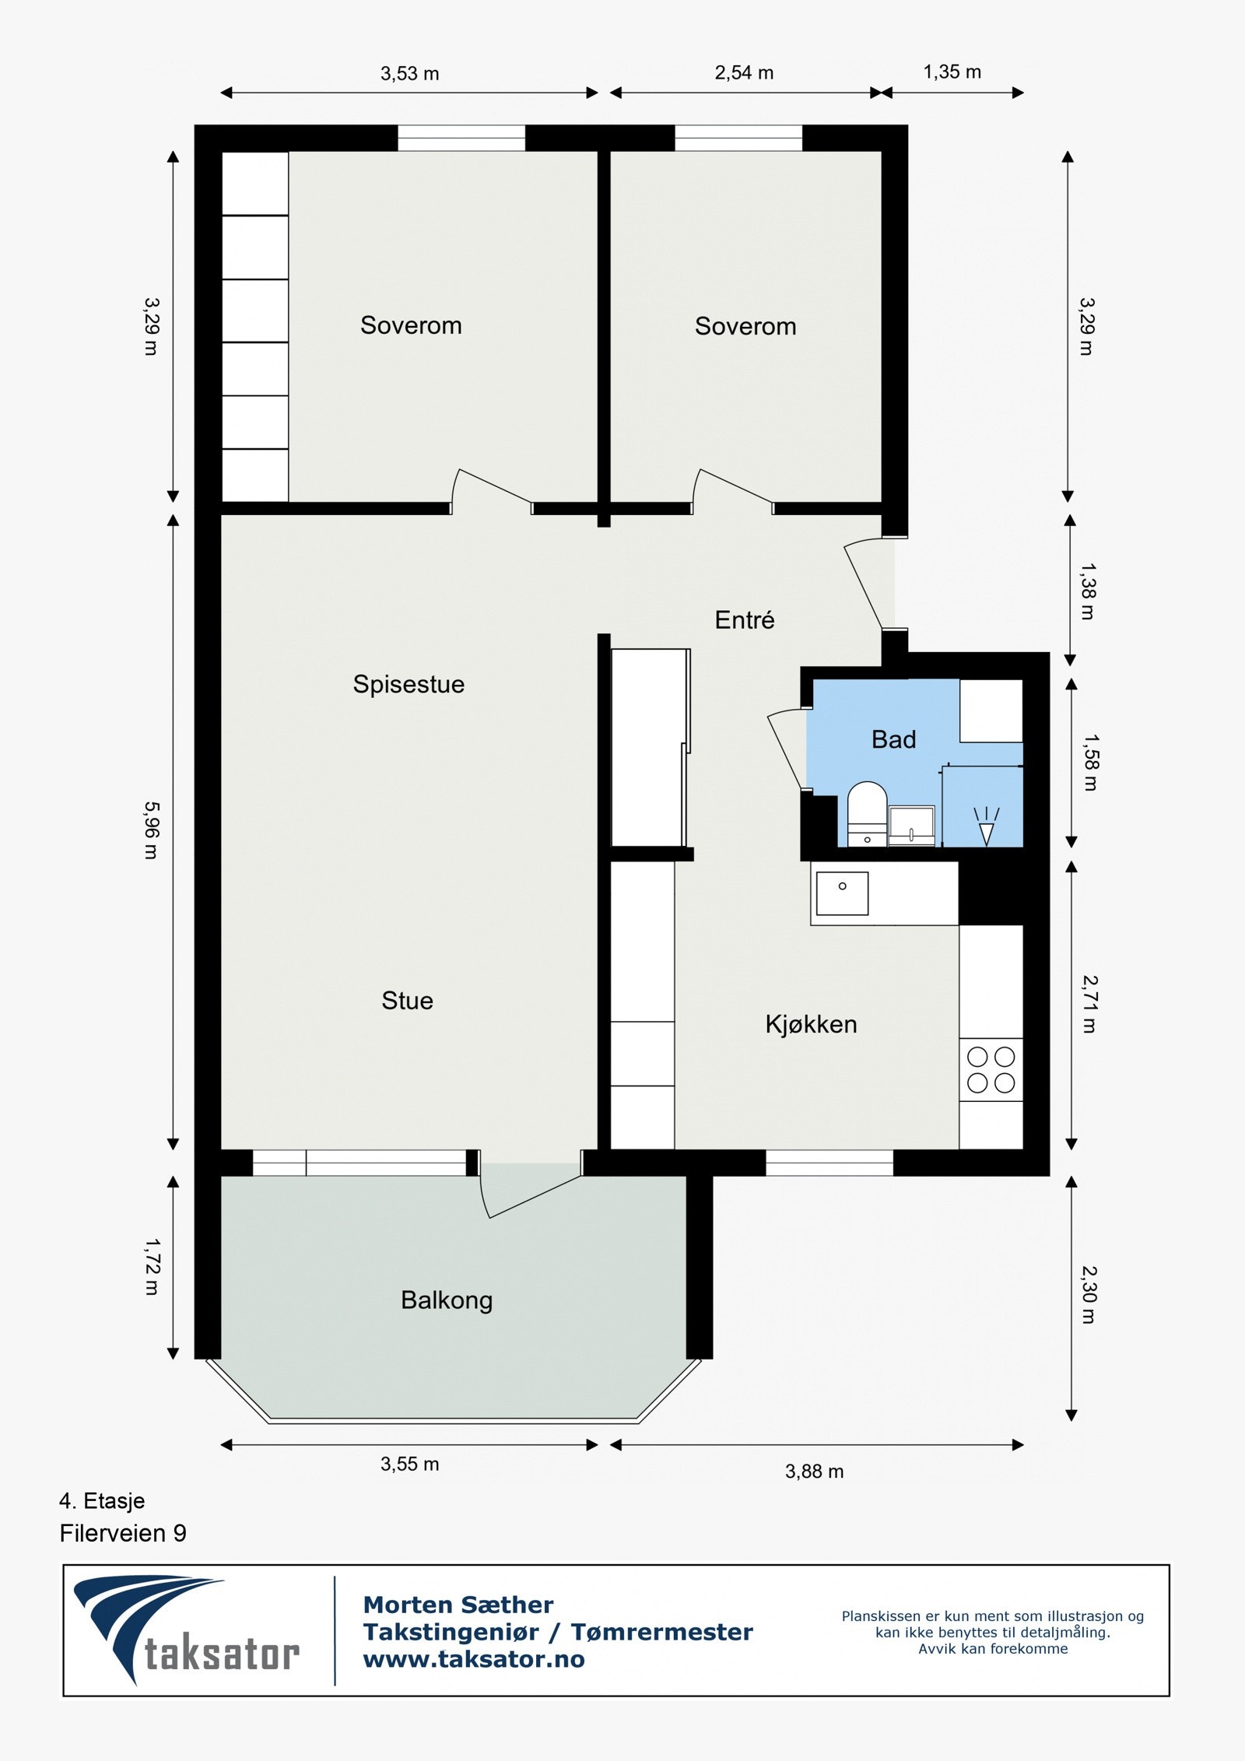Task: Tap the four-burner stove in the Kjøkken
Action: point(991,1069)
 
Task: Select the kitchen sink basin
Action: point(842,893)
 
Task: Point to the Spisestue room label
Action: point(409,684)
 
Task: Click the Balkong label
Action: point(447,1300)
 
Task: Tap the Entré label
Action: point(745,620)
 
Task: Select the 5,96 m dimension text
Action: point(151,830)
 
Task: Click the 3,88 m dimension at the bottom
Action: point(814,1471)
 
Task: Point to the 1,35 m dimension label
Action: point(952,72)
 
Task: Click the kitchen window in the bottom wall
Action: point(829,1163)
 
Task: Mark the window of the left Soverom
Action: point(461,138)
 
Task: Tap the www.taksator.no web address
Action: point(474,1658)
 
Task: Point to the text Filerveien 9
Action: point(123,1533)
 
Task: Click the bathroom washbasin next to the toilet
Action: point(911,825)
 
